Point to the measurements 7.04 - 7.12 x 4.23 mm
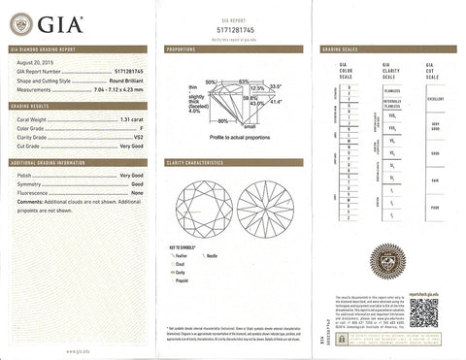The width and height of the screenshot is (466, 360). coord(116,89)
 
